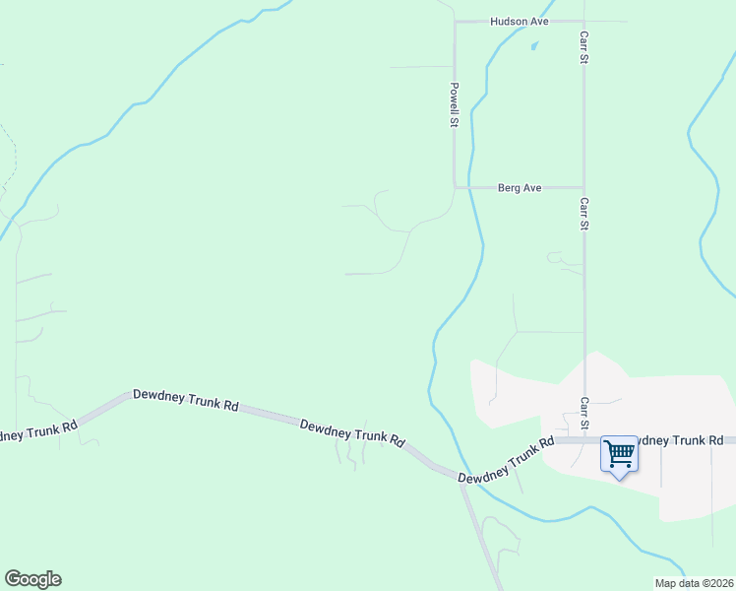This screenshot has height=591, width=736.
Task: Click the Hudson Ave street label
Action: [x=521, y=21]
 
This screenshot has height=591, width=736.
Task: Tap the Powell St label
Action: [x=455, y=104]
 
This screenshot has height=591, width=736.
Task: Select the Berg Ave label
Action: [x=521, y=187]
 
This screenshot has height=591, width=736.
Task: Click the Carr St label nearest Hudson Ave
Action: [x=583, y=47]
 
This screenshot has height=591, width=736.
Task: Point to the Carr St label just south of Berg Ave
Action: [x=583, y=215]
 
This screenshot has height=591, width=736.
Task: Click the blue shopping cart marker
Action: [x=620, y=455]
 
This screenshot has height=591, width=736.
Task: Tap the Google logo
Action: [x=32, y=579]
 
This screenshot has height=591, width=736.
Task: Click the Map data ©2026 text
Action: [x=693, y=583]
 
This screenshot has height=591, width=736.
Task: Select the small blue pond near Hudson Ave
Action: [x=534, y=45]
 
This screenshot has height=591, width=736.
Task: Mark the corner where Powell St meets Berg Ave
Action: [x=455, y=186]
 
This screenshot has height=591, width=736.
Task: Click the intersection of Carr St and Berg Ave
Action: [x=583, y=187]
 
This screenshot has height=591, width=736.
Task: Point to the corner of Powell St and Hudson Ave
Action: [x=455, y=21]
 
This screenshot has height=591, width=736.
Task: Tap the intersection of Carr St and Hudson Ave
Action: [x=583, y=21]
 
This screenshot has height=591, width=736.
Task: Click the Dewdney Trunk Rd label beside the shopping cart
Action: [x=679, y=440]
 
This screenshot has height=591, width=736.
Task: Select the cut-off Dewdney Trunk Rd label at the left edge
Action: [x=37, y=431]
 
